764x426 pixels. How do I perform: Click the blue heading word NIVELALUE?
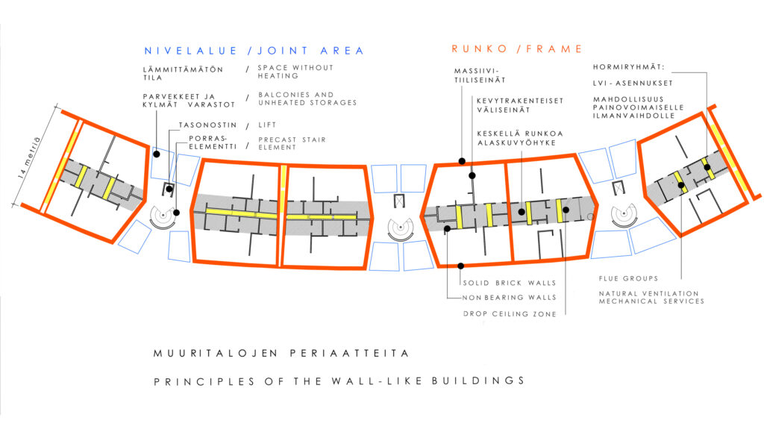click(x=191, y=51)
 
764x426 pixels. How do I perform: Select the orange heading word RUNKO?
click(x=480, y=48)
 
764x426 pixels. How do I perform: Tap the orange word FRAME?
click(x=554, y=48)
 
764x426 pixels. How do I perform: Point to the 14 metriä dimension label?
click(x=29, y=158)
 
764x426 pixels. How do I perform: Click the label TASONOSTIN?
click(x=207, y=125)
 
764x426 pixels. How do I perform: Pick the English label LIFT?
click(x=267, y=125)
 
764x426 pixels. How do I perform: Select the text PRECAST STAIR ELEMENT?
click(x=292, y=143)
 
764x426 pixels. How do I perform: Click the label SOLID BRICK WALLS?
click(x=509, y=283)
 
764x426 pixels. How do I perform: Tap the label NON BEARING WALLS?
click(x=509, y=298)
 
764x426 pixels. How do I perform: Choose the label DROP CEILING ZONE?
click(x=510, y=314)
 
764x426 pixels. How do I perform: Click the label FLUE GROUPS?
click(x=628, y=278)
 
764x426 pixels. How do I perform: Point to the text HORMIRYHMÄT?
click(x=628, y=67)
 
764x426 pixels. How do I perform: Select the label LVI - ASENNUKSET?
click(x=633, y=84)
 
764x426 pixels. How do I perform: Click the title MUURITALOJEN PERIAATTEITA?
click(x=281, y=353)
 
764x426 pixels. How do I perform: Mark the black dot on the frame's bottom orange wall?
click(x=461, y=266)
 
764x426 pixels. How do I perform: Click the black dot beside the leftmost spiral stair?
click(x=176, y=213)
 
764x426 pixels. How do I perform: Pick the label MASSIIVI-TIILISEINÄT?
click(x=480, y=75)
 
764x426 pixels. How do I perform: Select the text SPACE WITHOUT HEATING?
click(x=295, y=72)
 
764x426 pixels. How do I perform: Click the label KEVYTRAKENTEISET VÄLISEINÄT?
click(x=520, y=105)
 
